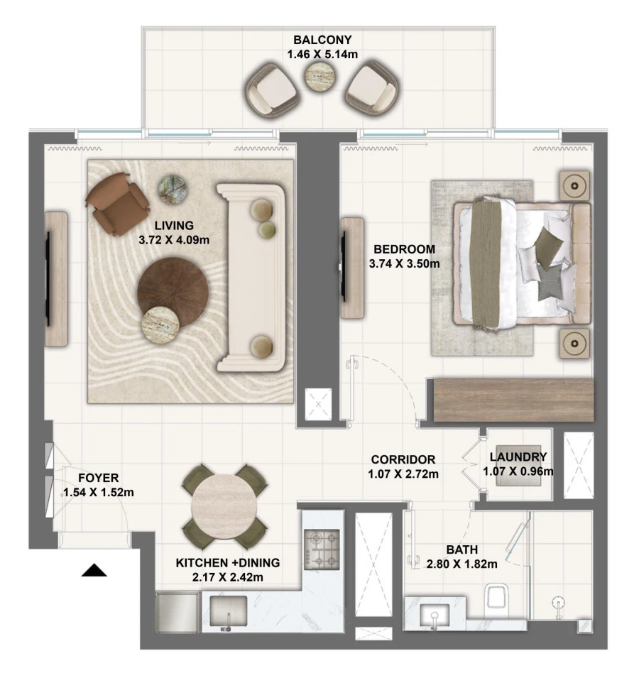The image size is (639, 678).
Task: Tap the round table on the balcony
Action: tap(319, 79)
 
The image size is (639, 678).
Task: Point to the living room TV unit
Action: tap(56, 278)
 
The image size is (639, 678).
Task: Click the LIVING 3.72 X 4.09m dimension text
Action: tap(174, 239)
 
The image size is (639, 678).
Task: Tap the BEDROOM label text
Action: tap(404, 250)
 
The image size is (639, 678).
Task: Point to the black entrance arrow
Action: tap(94, 569)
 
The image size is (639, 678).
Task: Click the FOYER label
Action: tap(99, 478)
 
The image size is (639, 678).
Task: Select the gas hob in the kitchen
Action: tap(321, 549)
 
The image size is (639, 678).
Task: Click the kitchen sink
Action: tap(227, 611)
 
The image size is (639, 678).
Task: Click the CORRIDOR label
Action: tap(403, 459)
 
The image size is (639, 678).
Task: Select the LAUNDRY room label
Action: tap(518, 457)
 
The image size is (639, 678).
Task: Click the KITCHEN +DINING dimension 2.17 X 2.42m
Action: tap(228, 576)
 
